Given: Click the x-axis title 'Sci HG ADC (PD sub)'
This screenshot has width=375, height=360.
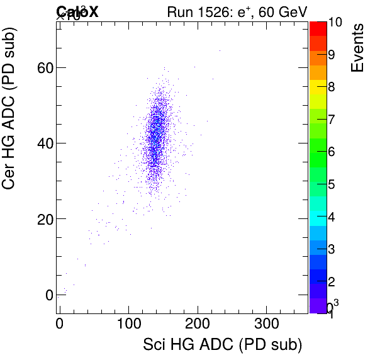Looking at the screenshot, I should click(x=223, y=345).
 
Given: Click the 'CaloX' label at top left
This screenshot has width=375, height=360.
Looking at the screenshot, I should click(x=77, y=11).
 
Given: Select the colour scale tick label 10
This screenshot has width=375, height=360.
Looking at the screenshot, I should click(x=335, y=22).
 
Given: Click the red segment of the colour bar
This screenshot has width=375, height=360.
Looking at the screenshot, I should click(x=317, y=28).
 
